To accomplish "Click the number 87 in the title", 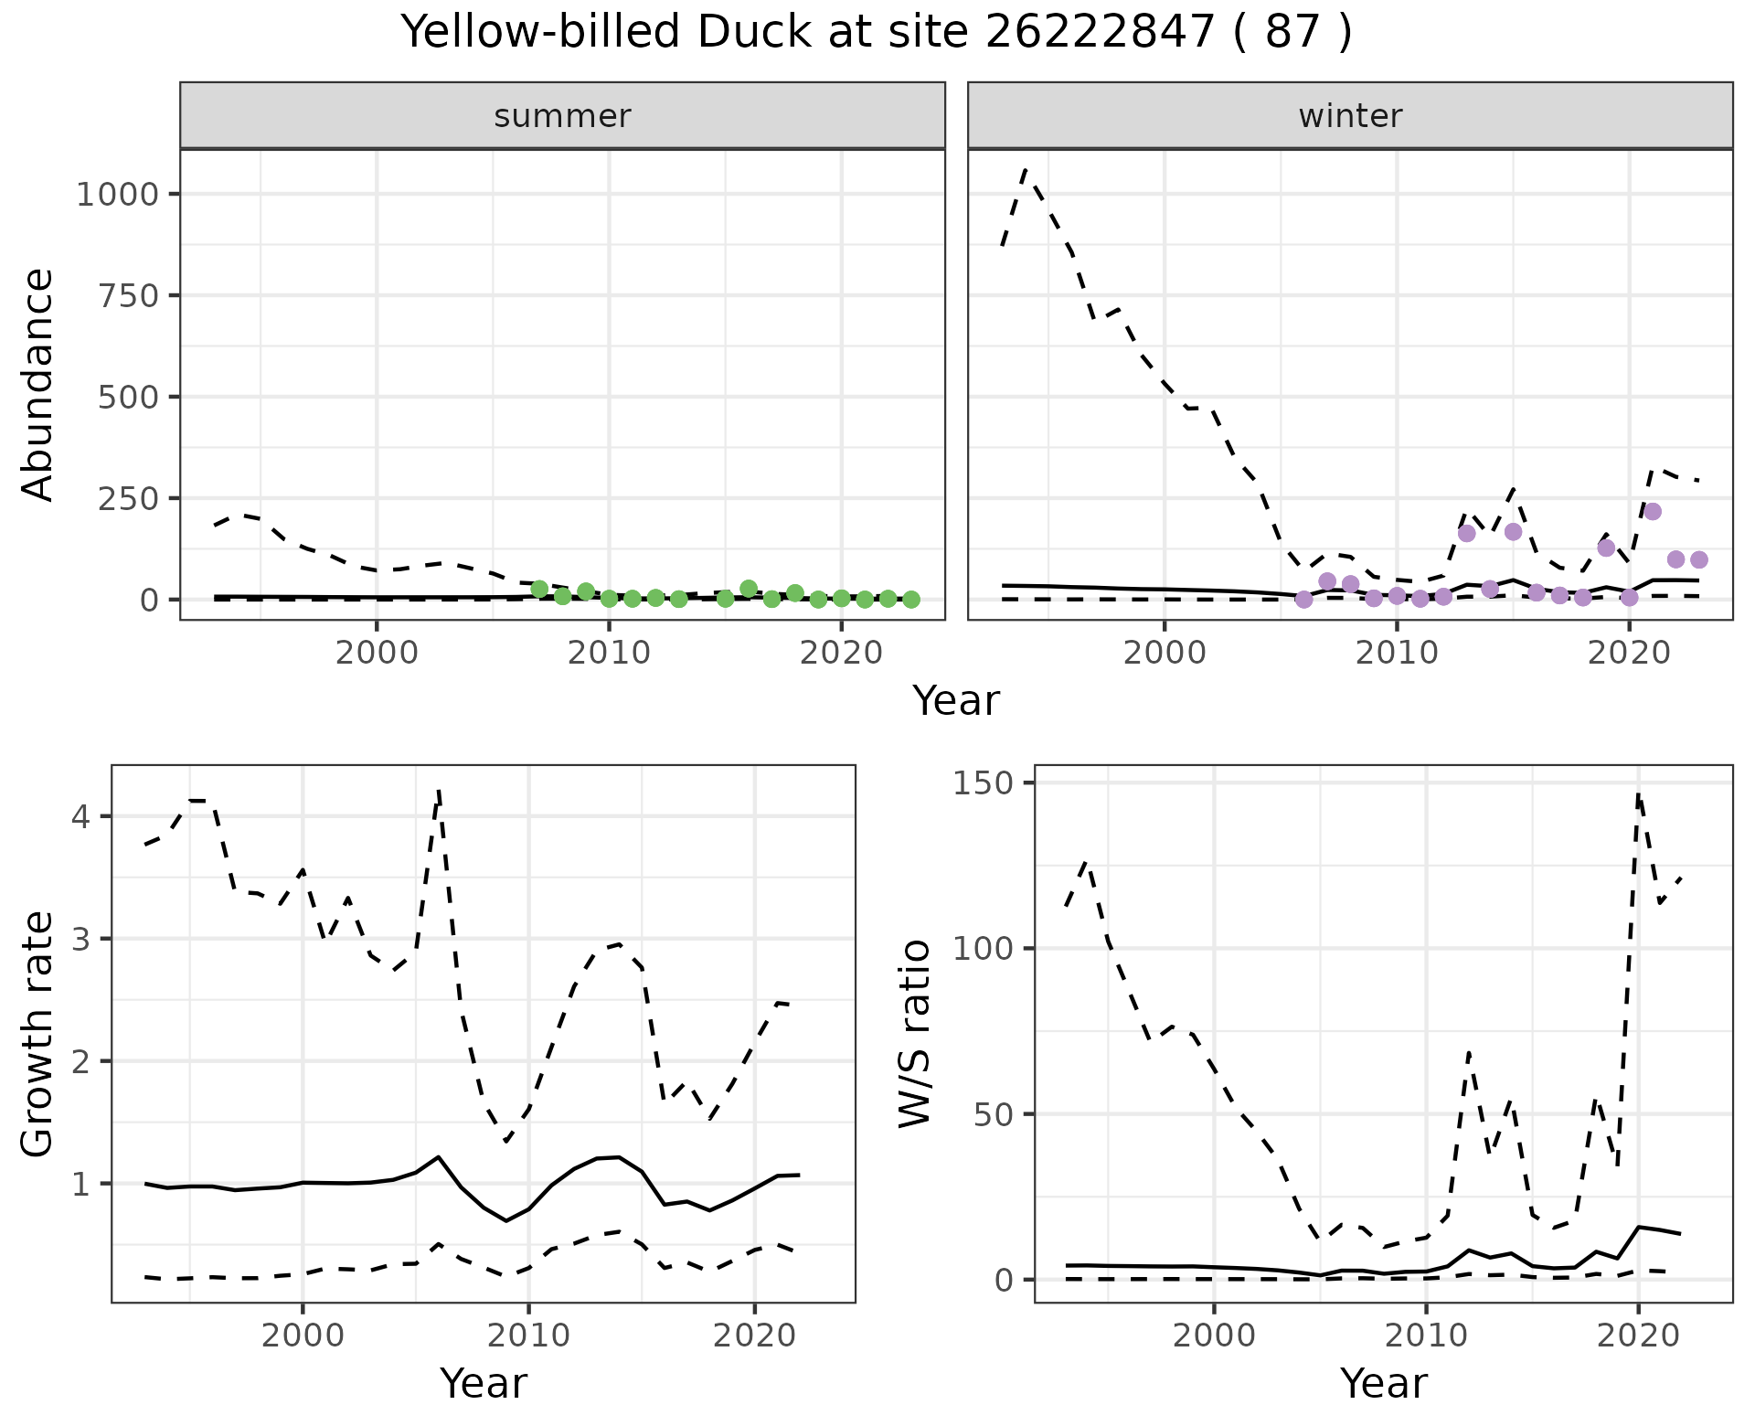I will pyautogui.click(x=1292, y=33).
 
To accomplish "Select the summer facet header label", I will pyautogui.click(x=562, y=116).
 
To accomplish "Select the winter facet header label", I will pyautogui.click(x=1350, y=116).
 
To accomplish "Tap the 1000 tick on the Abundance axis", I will pyautogui.click(x=116, y=195).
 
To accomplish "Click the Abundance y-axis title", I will pyautogui.click(x=38, y=384).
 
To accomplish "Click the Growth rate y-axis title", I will pyautogui.click(x=38, y=1033).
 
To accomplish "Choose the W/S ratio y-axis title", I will pyautogui.click(x=915, y=1033).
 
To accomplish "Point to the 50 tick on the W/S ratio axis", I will pyautogui.click(x=1002, y=1114).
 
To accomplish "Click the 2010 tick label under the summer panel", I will pyautogui.click(x=609, y=654).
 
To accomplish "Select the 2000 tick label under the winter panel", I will pyautogui.click(x=1164, y=654).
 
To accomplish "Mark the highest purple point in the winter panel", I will pyautogui.click(x=1652, y=512).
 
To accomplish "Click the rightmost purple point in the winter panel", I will pyautogui.click(x=1698, y=559).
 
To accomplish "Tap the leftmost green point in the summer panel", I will pyautogui.click(x=539, y=589).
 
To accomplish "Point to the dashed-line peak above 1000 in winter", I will pyautogui.click(x=1026, y=170).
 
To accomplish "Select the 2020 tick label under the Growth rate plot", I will pyautogui.click(x=754, y=1336).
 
